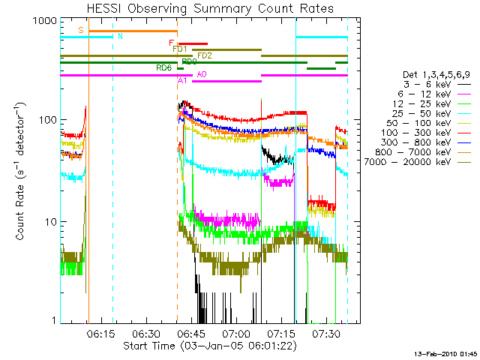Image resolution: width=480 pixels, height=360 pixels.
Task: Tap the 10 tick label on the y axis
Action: click(x=52, y=222)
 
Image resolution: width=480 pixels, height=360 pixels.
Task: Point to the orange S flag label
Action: click(x=81, y=30)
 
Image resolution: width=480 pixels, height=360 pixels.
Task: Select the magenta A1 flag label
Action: click(x=183, y=80)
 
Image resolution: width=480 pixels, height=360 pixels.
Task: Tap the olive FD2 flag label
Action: click(x=205, y=55)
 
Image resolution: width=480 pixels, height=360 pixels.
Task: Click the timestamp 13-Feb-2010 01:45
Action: click(x=448, y=353)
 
